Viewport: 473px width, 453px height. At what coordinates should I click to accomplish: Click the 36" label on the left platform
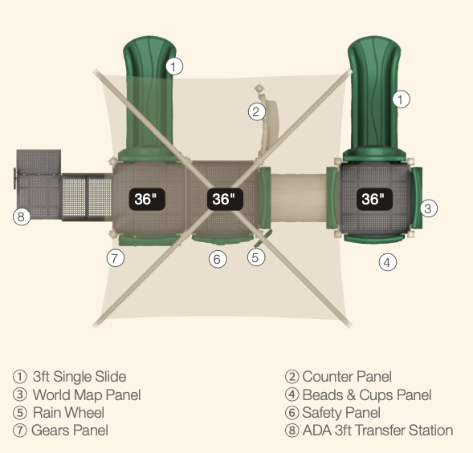(x=147, y=199)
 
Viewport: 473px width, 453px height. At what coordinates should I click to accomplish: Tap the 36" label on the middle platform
(x=225, y=199)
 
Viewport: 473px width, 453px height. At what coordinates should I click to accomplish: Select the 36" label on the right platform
(x=374, y=199)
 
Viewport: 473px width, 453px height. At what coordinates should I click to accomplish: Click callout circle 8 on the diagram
(x=22, y=216)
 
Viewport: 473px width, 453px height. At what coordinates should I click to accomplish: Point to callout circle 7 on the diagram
(x=116, y=258)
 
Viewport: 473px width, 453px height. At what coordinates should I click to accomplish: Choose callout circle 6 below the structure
(x=218, y=259)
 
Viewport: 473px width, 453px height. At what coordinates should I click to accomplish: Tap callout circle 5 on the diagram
(x=256, y=257)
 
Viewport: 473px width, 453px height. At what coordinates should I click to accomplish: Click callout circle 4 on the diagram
(x=388, y=262)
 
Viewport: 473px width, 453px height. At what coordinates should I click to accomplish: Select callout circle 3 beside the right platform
(x=428, y=208)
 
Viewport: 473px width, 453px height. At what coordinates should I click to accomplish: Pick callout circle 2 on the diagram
(x=257, y=111)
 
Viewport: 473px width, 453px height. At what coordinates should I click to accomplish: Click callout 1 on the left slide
(x=174, y=66)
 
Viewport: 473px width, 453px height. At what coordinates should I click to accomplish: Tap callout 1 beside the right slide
(x=402, y=99)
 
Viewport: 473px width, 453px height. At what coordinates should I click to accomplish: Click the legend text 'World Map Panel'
(x=87, y=394)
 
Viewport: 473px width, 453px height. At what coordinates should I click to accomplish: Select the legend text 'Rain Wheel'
(x=68, y=413)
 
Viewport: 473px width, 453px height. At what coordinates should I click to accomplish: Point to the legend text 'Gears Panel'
(x=70, y=431)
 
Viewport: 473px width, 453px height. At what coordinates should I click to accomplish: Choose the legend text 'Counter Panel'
(x=347, y=377)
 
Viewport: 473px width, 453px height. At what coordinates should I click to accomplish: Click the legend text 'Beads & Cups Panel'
(x=367, y=394)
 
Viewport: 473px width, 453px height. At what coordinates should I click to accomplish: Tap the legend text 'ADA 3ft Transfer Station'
(x=377, y=431)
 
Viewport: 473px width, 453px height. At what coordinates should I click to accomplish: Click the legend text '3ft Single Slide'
(x=80, y=377)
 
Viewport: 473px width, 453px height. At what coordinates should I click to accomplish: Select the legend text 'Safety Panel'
(x=341, y=413)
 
